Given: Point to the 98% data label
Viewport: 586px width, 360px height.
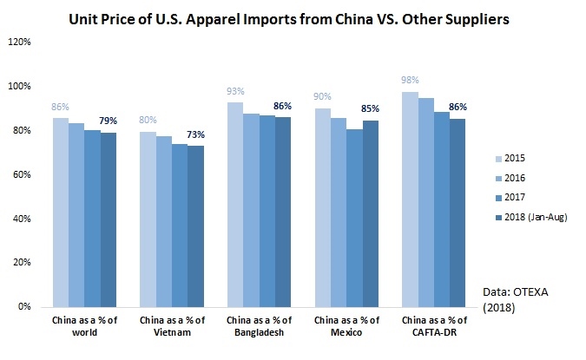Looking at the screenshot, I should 410,81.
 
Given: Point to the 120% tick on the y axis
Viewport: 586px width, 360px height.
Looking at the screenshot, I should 18,42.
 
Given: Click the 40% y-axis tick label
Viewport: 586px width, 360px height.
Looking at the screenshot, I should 21,218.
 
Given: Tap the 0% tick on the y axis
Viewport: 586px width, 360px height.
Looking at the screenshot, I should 23,306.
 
